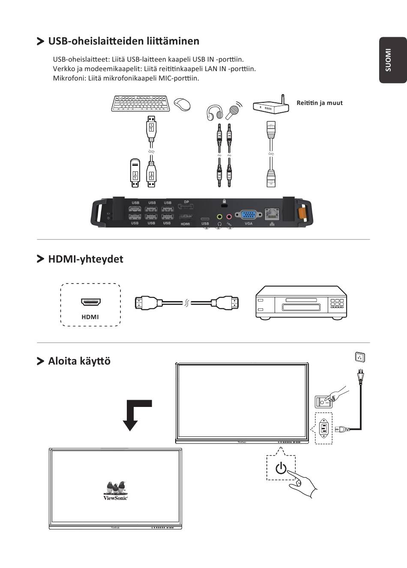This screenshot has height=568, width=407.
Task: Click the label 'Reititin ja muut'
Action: [319, 103]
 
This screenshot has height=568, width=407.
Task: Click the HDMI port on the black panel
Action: [185, 217]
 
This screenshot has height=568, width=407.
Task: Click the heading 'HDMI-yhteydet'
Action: [86, 259]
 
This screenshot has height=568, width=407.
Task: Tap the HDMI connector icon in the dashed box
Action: [90, 302]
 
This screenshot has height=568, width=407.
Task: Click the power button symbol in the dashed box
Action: [281, 468]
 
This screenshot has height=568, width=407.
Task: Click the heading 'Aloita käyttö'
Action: [79, 361]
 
